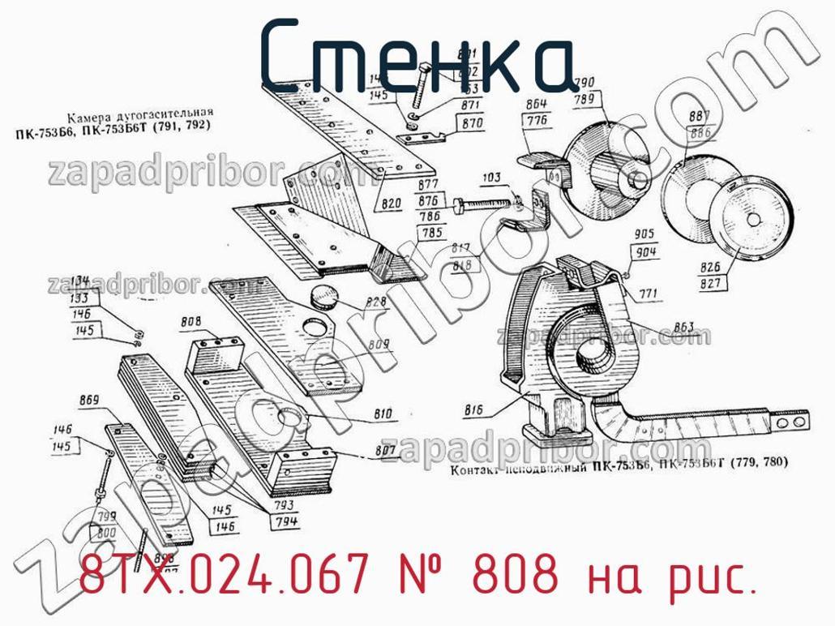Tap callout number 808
[191, 323]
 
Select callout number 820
[392, 204]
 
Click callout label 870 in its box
[473, 124]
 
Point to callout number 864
[536, 103]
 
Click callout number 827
[710, 283]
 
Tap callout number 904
[646, 251]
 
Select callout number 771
[649, 294]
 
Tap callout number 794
[285, 521]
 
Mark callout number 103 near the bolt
[490, 178]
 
